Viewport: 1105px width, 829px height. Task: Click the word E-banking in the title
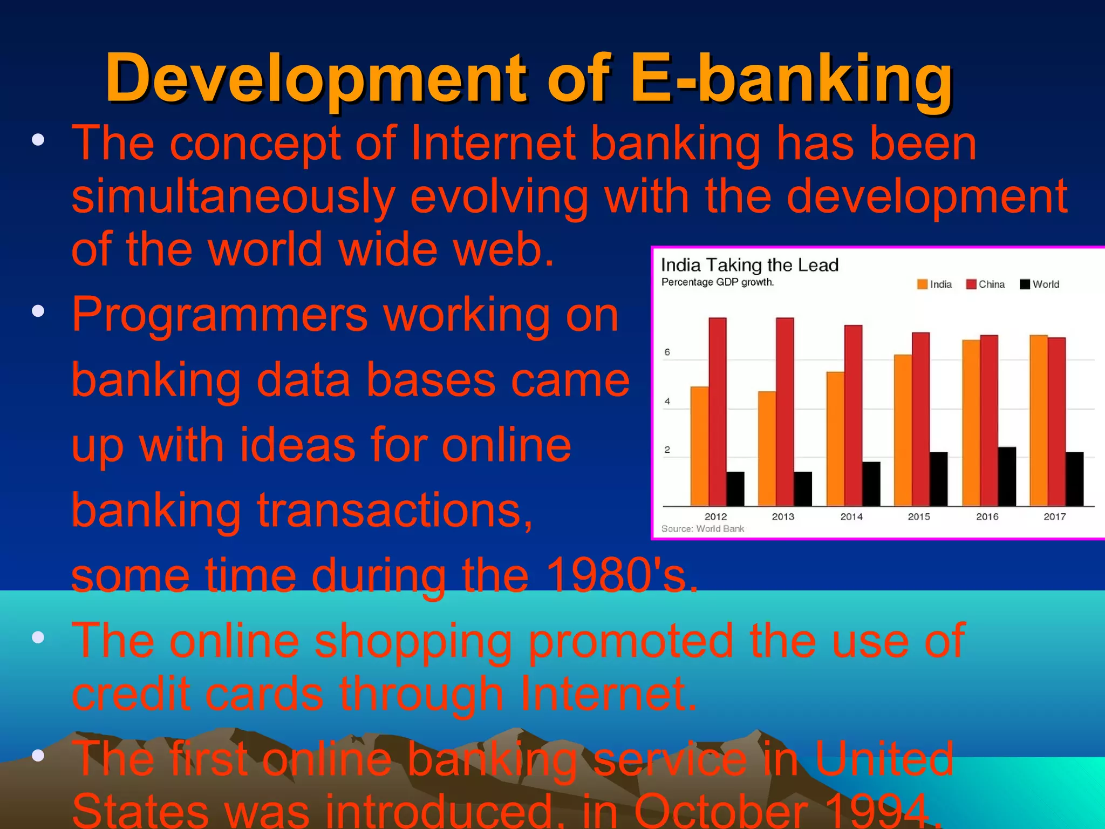point(791,78)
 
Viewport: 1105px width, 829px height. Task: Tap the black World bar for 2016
point(1007,476)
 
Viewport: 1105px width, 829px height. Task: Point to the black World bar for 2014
point(871,484)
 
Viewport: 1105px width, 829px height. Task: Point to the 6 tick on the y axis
point(667,352)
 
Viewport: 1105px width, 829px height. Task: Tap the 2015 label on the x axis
point(919,517)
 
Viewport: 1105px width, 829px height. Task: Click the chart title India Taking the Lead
point(749,265)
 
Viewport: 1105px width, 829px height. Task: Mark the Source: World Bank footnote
point(702,529)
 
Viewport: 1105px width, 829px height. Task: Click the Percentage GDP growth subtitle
point(718,282)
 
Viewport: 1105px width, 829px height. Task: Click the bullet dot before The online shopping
point(38,638)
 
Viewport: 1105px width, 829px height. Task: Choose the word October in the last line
point(721,811)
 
